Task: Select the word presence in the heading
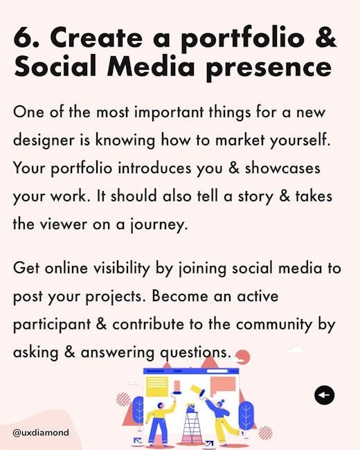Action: point(269,69)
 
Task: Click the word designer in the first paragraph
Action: point(44,140)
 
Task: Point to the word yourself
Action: point(300,140)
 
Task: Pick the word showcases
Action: point(282,168)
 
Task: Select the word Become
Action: point(180,296)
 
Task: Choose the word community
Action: point(274,325)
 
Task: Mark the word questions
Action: point(195,352)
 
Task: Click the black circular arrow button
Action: point(324,395)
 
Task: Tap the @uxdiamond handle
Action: point(41,433)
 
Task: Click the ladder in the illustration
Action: point(191,428)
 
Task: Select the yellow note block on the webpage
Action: point(156,386)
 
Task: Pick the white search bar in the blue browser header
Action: point(217,371)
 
